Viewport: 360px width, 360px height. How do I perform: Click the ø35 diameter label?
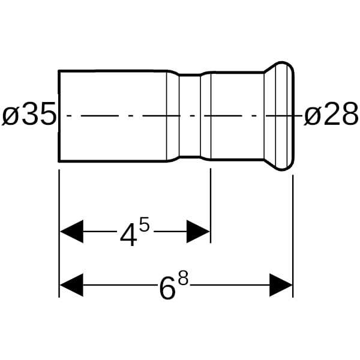click(x=29, y=114)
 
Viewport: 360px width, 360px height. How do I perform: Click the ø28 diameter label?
click(x=331, y=114)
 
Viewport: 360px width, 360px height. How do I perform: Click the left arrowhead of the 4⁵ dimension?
click(x=71, y=232)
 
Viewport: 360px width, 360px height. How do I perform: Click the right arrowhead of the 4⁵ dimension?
click(x=198, y=232)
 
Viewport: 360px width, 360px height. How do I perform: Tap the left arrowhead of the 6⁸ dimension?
click(x=71, y=285)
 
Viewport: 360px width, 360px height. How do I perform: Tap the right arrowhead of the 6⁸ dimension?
click(x=281, y=285)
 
